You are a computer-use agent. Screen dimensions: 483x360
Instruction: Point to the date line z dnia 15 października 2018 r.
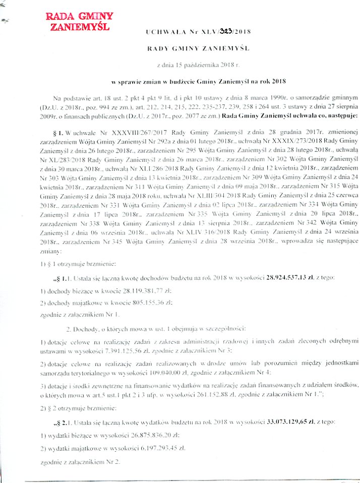(x=199, y=66)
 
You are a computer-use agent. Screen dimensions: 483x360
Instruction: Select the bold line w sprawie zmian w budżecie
(x=199, y=81)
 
